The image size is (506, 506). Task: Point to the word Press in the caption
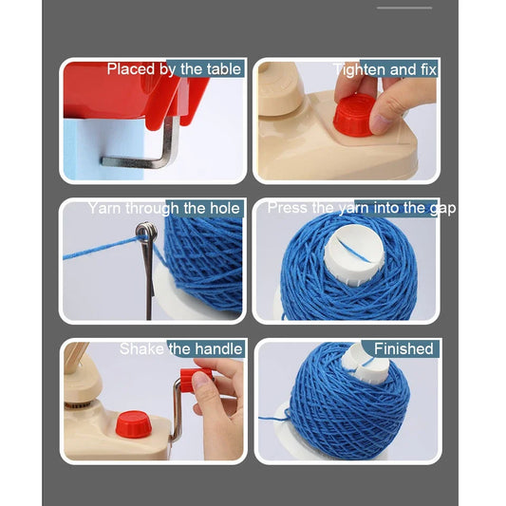287,208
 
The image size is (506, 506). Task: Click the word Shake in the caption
141,348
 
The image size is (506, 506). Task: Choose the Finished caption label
403,348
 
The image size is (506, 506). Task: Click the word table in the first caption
223,69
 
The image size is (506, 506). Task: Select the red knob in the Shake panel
132,423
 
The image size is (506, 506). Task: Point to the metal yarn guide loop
146,234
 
